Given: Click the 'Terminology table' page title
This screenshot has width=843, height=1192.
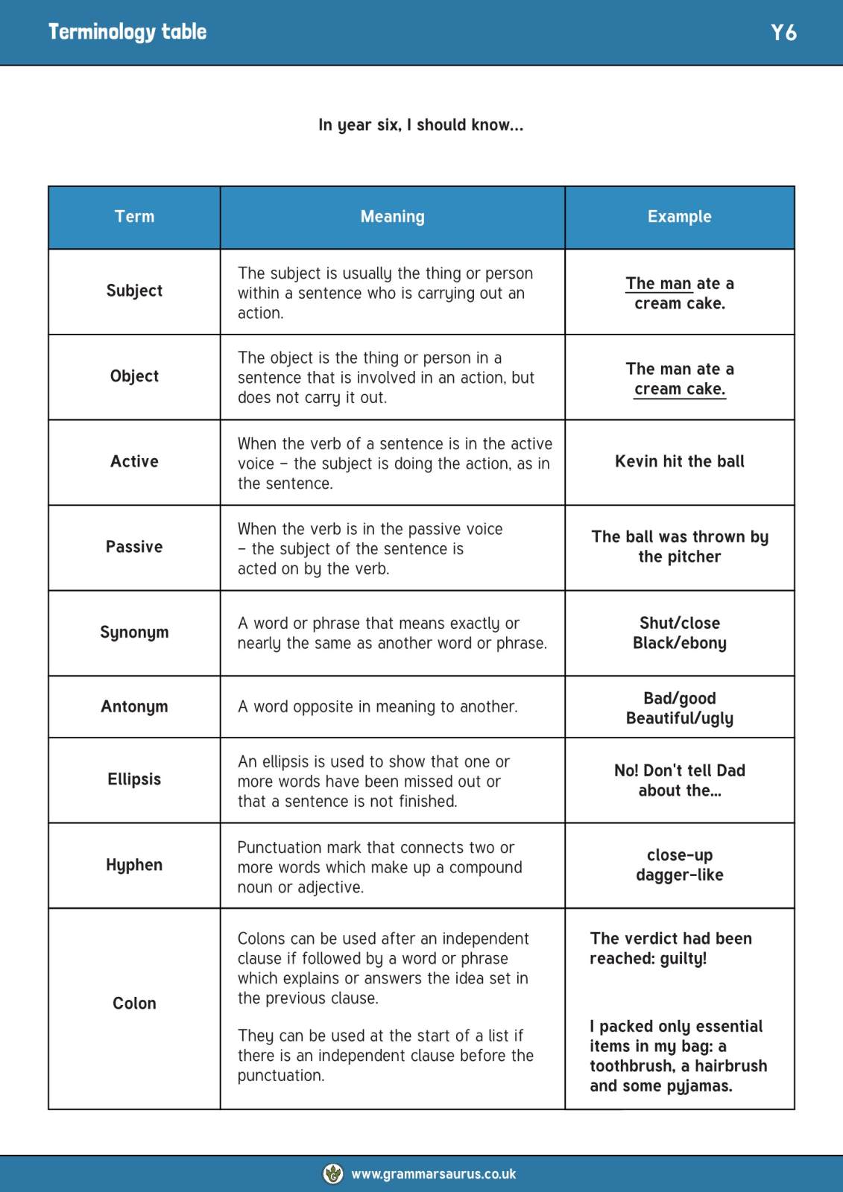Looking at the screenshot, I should [127, 32].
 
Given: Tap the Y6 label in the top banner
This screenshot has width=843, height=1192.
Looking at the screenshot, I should [783, 33].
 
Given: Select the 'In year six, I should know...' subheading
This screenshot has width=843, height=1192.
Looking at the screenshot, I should [420, 125].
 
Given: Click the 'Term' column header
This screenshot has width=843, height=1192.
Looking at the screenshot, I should [134, 217].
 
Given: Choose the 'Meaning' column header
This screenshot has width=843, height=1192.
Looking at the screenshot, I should [392, 217].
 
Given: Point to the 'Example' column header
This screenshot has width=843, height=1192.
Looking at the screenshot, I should [679, 217].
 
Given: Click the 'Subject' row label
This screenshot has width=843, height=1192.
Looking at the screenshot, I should [134, 291].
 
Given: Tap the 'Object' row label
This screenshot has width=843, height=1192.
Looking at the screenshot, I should [134, 376].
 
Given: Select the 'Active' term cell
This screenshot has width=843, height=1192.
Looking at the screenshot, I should [134, 462].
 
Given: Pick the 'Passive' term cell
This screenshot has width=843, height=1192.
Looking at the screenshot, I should [134, 547].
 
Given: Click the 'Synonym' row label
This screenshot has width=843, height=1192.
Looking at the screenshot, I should [134, 633].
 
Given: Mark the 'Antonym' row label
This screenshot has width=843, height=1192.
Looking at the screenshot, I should [134, 706].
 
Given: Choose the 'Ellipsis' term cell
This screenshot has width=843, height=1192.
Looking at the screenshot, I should [134, 779].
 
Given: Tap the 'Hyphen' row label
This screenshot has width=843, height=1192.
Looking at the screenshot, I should [134, 865].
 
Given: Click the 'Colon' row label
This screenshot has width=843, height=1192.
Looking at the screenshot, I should [134, 1004].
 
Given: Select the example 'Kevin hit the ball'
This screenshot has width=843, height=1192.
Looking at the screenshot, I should [679, 462].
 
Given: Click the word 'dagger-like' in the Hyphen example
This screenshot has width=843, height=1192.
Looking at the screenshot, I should [679, 875].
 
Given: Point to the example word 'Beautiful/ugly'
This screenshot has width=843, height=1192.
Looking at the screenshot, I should [679, 718].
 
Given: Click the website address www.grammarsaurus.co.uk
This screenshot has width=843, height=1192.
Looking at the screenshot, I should [433, 1174].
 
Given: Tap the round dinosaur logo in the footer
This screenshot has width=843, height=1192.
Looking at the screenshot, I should [333, 1173].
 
